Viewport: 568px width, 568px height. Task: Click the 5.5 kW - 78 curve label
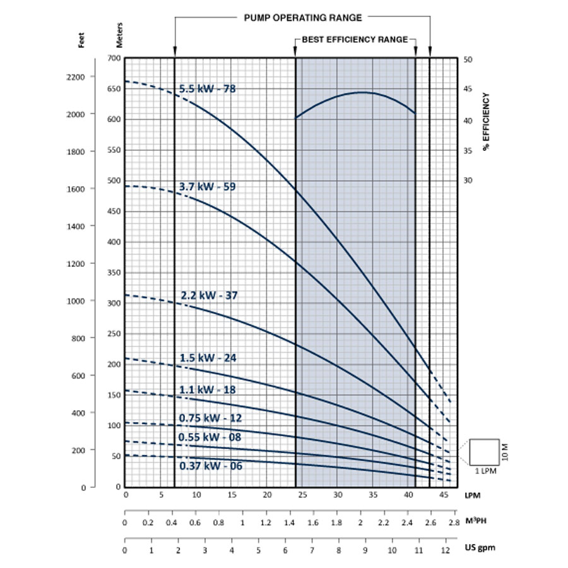click(x=207, y=89)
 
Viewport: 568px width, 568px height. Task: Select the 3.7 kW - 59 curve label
click(x=207, y=187)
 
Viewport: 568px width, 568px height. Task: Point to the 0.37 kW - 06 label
click(x=211, y=466)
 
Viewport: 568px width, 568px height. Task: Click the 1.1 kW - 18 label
click(x=207, y=390)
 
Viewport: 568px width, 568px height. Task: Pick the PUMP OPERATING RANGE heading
click(x=302, y=18)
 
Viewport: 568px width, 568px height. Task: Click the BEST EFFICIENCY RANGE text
click(x=354, y=39)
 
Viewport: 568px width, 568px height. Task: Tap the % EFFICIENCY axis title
click(x=487, y=121)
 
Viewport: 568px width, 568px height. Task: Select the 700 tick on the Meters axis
click(x=114, y=59)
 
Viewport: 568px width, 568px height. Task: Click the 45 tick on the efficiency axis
click(x=468, y=89)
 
